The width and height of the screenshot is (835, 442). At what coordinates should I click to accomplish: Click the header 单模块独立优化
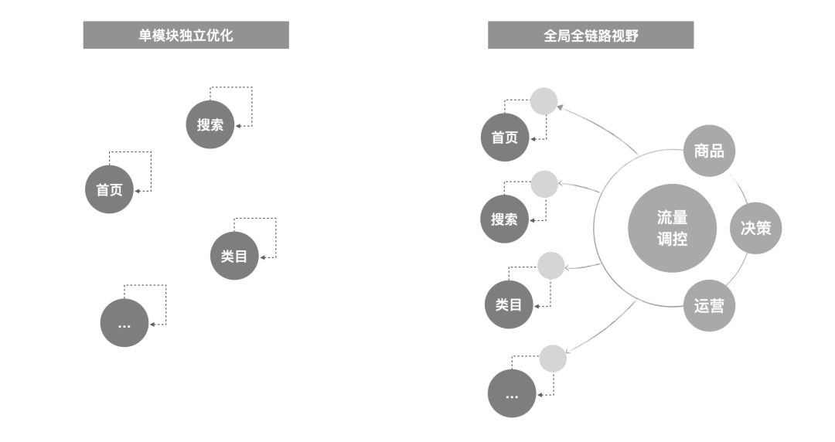click(x=186, y=36)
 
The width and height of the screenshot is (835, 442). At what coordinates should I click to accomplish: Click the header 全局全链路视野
click(x=591, y=36)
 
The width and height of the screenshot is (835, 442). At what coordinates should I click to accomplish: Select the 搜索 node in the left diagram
click(x=210, y=124)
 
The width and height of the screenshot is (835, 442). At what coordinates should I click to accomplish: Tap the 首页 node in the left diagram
click(x=109, y=189)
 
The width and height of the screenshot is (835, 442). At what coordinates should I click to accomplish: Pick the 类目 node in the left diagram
click(x=234, y=256)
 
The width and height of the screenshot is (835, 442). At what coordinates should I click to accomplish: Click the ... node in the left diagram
click(x=124, y=323)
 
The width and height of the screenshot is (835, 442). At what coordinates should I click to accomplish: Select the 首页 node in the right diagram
click(x=505, y=138)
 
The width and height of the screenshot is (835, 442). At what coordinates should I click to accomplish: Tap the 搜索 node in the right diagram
click(x=504, y=219)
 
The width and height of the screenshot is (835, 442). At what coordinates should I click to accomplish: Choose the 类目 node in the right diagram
click(x=509, y=304)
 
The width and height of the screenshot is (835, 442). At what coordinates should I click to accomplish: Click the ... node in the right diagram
click(x=512, y=393)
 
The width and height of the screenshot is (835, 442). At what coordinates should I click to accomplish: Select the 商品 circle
click(x=709, y=151)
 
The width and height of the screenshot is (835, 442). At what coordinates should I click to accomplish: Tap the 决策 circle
click(x=756, y=229)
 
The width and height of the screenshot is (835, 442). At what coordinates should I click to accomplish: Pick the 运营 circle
click(x=709, y=306)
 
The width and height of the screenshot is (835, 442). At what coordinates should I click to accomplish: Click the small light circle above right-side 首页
click(x=544, y=101)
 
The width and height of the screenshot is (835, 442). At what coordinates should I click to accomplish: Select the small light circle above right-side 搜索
click(x=544, y=184)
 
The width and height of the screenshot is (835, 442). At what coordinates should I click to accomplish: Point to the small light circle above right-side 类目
click(x=550, y=266)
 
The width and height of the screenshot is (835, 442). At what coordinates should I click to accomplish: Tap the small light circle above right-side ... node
click(x=553, y=359)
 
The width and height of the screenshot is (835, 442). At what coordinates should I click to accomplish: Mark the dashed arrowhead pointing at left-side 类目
click(x=264, y=257)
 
